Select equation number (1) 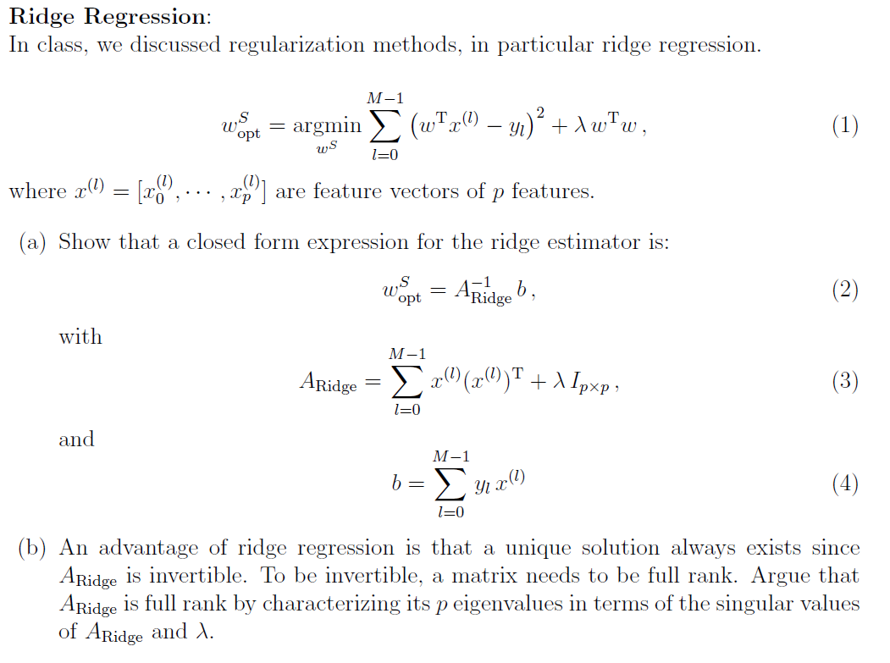click(x=844, y=126)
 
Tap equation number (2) click(x=844, y=290)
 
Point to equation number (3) click(x=844, y=381)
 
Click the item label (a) click(x=34, y=242)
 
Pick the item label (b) click(x=34, y=548)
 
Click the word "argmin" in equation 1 click(x=326, y=126)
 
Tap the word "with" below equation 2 click(x=80, y=336)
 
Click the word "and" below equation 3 click(x=76, y=439)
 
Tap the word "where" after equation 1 click(x=38, y=191)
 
